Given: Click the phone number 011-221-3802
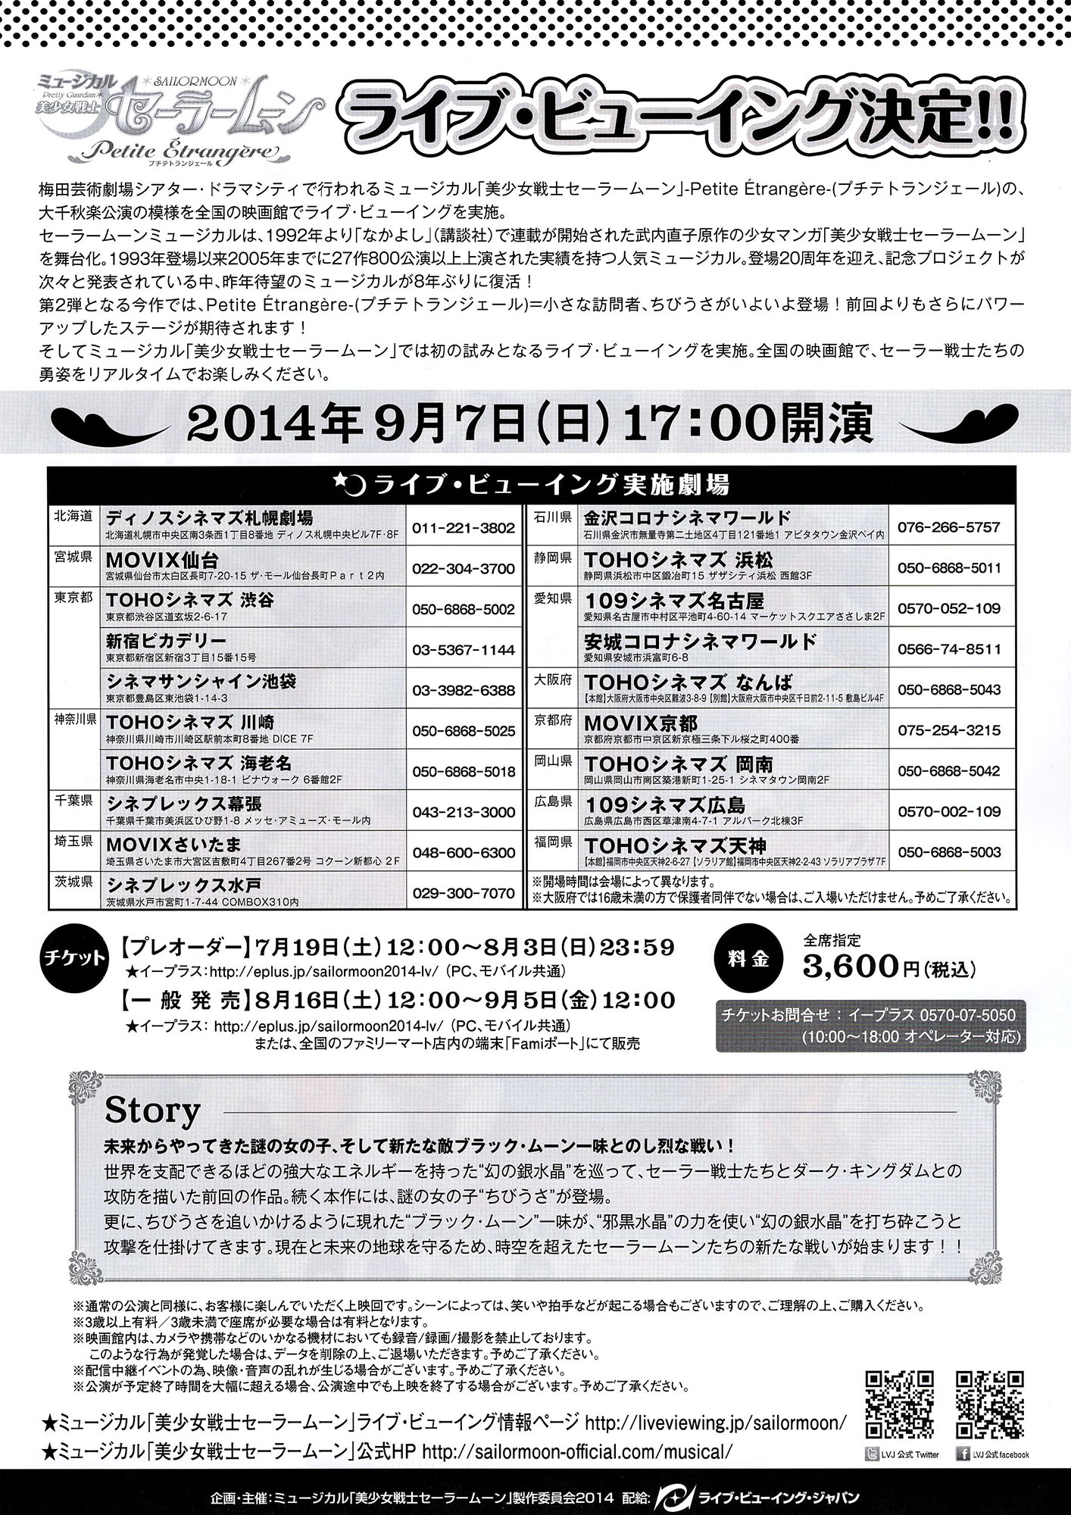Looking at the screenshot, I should [464, 528].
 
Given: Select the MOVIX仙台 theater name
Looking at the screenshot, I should [163, 560].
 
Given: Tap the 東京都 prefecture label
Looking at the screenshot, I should [73, 598].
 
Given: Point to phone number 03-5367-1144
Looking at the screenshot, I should [464, 650].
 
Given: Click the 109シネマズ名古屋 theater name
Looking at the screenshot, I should [674, 601].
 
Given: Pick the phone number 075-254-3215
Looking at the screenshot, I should [949, 731].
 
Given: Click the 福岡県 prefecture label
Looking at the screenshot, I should [554, 842].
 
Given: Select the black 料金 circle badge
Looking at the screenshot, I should [751, 958].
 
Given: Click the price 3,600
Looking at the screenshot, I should [851, 967].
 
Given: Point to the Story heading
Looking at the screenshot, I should [152, 1111].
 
